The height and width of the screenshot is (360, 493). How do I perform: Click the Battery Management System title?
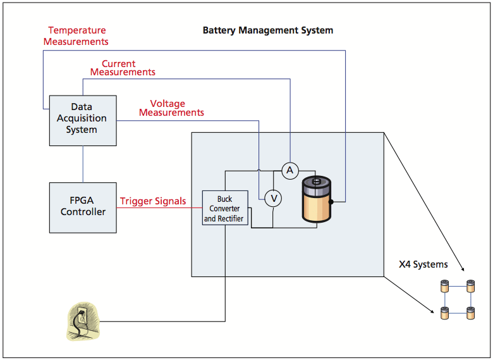[x=267, y=30]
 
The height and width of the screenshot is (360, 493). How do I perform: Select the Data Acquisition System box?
[x=83, y=120]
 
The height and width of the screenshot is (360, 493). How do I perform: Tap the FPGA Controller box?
[x=83, y=207]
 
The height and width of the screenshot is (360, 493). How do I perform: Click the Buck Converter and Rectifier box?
[x=224, y=209]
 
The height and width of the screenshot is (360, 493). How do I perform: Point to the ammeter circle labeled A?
[x=289, y=170]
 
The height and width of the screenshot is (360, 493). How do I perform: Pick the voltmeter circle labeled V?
[x=273, y=199]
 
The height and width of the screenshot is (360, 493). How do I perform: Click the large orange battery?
[x=317, y=201]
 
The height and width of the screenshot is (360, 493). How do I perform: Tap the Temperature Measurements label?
[x=76, y=36]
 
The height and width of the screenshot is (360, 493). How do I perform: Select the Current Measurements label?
[x=123, y=68]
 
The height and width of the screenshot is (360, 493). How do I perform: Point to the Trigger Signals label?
[x=153, y=201]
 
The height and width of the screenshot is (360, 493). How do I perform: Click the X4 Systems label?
[x=423, y=264]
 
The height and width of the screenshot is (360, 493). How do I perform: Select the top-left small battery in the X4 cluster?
[x=444, y=286]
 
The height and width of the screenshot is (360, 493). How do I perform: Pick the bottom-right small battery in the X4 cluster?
[x=470, y=312]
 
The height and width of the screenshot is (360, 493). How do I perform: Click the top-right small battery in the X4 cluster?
[x=470, y=286]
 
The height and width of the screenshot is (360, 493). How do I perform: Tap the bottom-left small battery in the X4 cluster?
[x=444, y=312]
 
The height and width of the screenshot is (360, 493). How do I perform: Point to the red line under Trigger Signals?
[x=159, y=208]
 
